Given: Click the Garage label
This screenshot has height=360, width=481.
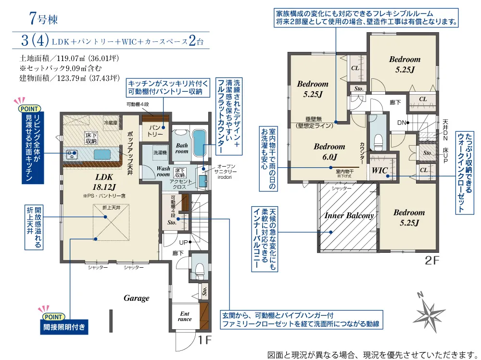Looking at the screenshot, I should tap(136, 298).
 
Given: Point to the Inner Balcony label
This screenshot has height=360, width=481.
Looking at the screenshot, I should tap(349, 216).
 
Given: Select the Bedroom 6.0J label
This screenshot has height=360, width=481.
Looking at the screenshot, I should tap(329, 151).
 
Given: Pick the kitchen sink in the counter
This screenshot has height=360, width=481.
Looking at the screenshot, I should tap(103, 154).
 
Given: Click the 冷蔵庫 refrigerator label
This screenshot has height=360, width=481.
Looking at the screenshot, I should tap(111, 123).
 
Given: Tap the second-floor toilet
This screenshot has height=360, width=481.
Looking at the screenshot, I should tap(378, 139).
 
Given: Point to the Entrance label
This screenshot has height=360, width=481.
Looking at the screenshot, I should tap(185, 316).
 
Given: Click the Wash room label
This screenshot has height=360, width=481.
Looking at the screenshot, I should tap(164, 171).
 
